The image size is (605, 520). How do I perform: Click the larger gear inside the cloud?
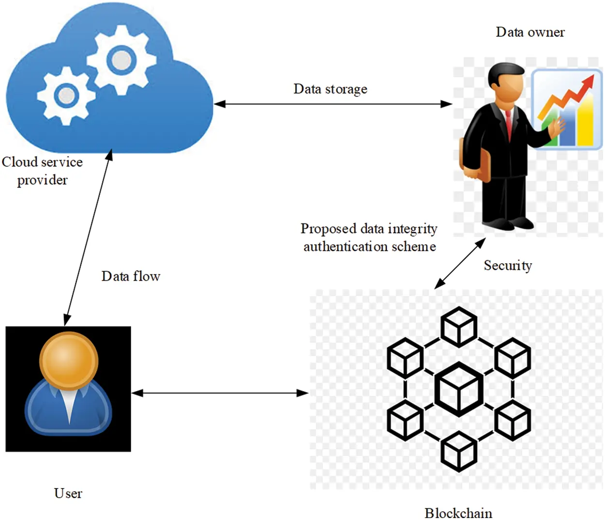pyautogui.click(x=121, y=60)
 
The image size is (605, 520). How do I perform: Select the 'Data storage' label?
pyautogui.click(x=330, y=89)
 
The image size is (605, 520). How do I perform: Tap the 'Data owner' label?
pyautogui.click(x=530, y=32)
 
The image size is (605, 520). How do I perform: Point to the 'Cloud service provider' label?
pyautogui.click(x=42, y=171)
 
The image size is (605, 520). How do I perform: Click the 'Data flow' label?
pyautogui.click(x=131, y=276)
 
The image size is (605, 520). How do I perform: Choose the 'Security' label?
pyautogui.click(x=508, y=266)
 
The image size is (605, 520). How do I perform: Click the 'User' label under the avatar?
pyautogui.click(x=68, y=493)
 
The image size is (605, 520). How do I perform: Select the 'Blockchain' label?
pyautogui.click(x=458, y=513)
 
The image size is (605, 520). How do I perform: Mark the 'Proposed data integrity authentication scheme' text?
pyautogui.click(x=369, y=237)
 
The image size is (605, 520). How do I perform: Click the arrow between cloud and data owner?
pyautogui.click(x=333, y=104)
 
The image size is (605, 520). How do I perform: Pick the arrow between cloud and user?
pyautogui.click(x=88, y=237)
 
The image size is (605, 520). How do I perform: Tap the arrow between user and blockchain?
pyautogui.click(x=220, y=393)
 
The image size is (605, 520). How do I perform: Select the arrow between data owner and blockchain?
pyautogui.click(x=460, y=263)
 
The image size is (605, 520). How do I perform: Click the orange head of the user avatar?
pyautogui.click(x=69, y=360)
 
